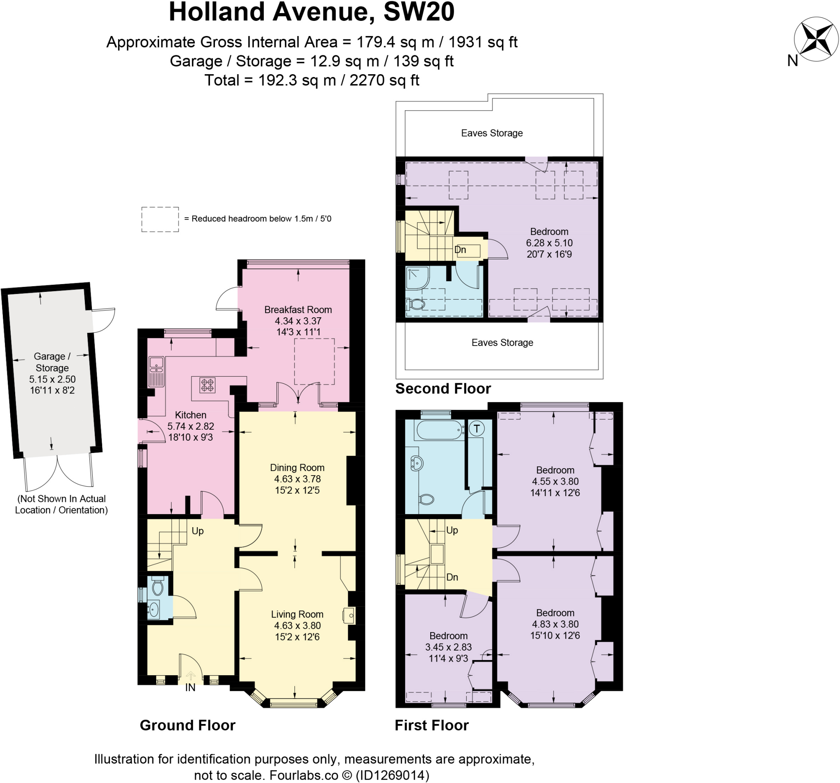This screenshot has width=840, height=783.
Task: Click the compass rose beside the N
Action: (816, 39)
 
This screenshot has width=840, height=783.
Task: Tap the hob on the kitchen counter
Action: (208, 386)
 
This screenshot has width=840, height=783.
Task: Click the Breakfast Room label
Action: (298, 310)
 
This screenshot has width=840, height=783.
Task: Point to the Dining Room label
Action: (297, 467)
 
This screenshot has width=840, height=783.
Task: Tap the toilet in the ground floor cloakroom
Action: (157, 586)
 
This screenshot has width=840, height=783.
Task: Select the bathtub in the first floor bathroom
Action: (440, 430)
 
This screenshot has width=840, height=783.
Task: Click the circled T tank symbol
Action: (477, 429)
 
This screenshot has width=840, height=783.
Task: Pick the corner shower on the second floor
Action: (417, 278)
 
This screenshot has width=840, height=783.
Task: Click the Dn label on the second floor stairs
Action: (460, 250)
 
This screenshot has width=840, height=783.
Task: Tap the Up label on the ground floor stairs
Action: (197, 531)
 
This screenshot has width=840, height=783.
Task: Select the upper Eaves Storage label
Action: (492, 133)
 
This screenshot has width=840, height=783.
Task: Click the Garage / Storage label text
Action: (52, 362)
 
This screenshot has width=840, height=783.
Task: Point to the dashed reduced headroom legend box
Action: (160, 219)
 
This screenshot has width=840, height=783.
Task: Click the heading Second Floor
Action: (443, 389)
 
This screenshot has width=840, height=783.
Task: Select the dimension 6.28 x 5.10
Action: (549, 243)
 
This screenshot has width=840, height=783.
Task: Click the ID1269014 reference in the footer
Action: (393, 775)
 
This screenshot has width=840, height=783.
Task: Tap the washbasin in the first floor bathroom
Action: (417, 463)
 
